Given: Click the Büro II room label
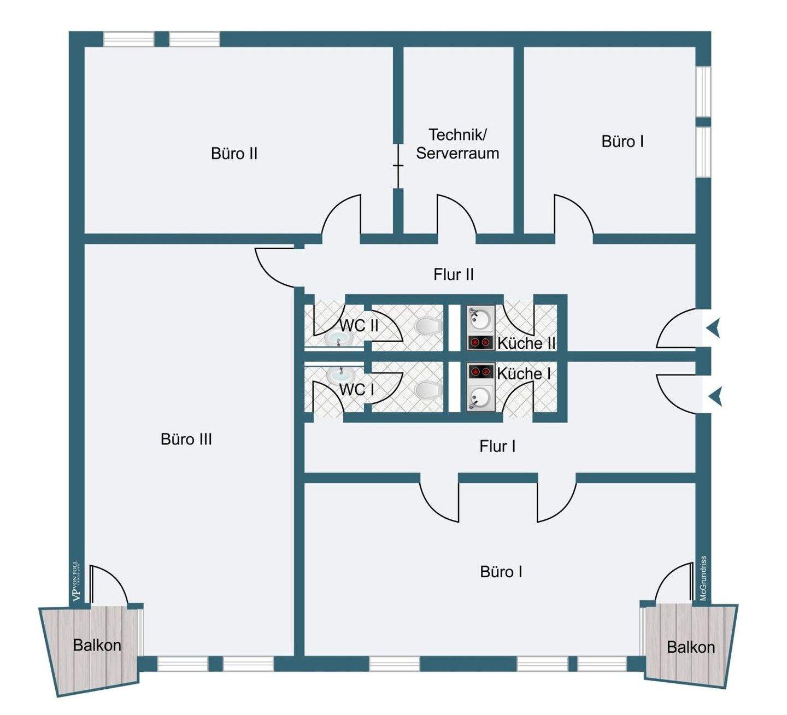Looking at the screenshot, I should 234,154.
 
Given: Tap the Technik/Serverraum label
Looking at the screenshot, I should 457,144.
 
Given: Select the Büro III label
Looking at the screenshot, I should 186,439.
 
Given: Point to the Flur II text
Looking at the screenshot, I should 454,274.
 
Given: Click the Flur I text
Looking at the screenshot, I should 497,446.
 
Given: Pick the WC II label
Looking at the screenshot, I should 359,325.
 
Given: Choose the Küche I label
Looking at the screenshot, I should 524,373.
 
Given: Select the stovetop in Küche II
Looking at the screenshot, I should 480,343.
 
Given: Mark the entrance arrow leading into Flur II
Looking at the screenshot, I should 714,329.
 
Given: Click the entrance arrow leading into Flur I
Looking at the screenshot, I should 715,396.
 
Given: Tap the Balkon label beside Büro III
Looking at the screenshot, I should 97,645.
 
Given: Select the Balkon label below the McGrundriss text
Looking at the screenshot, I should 691,647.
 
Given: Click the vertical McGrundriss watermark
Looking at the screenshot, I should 703,578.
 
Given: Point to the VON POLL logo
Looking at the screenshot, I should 77,582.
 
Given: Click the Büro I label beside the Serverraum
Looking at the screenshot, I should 622,142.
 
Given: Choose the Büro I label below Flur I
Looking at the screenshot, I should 501,572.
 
